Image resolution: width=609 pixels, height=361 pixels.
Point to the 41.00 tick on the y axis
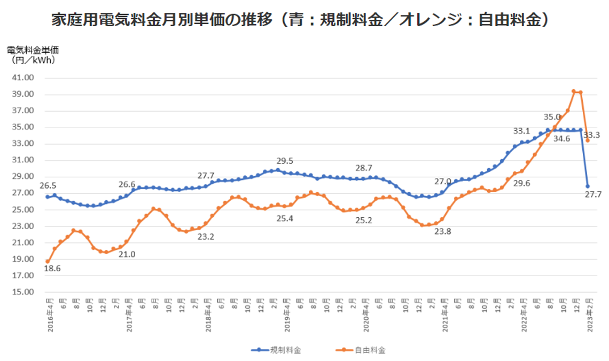(22, 78)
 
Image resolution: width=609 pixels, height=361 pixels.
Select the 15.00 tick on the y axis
(22, 293)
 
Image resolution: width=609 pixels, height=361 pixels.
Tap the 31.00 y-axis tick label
(22, 160)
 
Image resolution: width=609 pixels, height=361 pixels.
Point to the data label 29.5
(284, 160)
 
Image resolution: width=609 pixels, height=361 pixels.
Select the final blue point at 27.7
(588, 186)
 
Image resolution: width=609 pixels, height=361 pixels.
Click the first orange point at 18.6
(48, 262)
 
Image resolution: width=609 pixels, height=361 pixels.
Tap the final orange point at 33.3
(588, 140)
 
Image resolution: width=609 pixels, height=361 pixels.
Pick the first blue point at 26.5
(48, 197)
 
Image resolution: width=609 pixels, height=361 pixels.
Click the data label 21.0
(127, 254)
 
